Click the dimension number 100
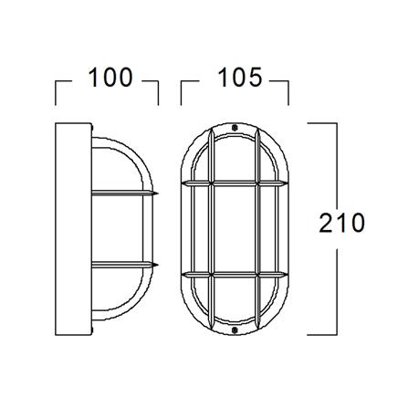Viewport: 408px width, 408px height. (110, 78)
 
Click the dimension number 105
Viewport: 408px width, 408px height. (240, 78)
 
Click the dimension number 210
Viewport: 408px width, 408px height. (342, 223)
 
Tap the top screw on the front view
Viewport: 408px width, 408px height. (234, 128)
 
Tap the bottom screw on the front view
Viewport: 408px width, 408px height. (235, 330)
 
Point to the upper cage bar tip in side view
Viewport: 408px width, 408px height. (158, 193)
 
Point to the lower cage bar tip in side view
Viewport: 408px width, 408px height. (158, 265)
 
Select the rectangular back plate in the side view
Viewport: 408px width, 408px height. (73, 229)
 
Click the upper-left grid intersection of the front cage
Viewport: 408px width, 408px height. (211, 183)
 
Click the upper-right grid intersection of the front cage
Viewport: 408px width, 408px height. (258, 183)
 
